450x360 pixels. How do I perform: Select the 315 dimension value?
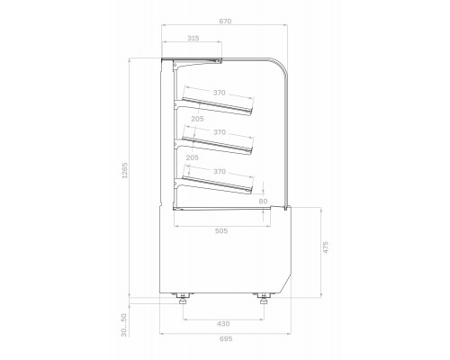(193, 39)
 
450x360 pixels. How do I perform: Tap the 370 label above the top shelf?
(220, 93)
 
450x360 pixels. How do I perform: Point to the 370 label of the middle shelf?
(220, 131)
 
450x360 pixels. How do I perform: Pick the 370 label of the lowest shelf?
(220, 171)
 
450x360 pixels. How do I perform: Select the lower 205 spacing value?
(192, 157)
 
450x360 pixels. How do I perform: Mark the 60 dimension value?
(264, 200)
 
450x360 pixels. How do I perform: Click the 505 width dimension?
(222, 230)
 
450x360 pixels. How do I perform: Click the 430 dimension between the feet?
(222, 323)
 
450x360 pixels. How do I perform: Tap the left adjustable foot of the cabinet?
(184, 298)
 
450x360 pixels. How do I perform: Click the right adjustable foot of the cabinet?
(265, 298)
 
